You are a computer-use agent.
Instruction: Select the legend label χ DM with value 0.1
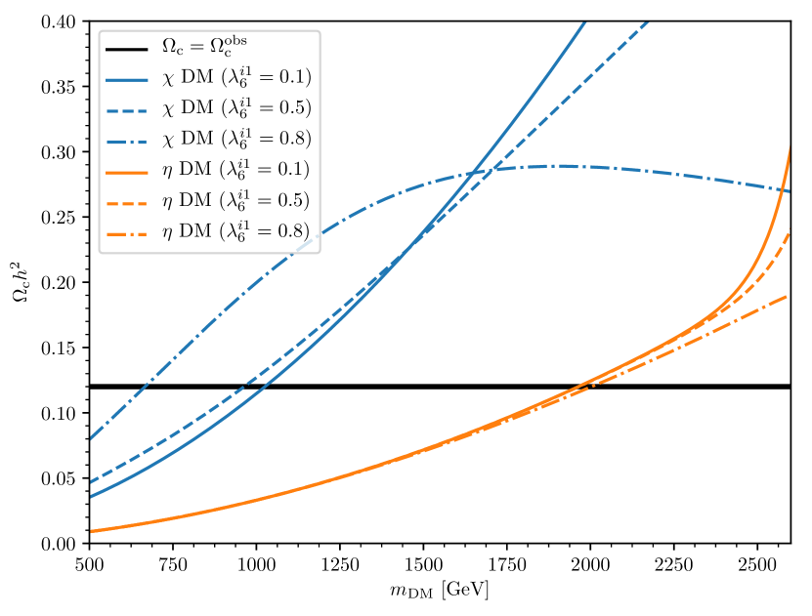pos(236,76)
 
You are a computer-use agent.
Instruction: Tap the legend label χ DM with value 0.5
pos(236,106)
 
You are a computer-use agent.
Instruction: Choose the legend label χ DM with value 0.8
pos(236,138)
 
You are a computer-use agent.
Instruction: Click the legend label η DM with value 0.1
pos(235,169)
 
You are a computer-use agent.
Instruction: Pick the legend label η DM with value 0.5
pos(235,199)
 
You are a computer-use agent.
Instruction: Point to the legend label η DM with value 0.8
pos(235,230)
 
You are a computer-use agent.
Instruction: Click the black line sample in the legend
pos(128,47)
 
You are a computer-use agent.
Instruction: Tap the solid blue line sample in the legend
pos(128,77)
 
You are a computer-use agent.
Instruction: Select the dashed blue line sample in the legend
pos(128,107)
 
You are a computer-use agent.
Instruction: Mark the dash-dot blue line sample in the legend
pos(128,139)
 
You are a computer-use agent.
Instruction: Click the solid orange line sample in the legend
pos(128,169)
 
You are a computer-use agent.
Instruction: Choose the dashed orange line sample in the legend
pos(128,200)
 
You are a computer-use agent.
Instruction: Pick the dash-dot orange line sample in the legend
pos(128,230)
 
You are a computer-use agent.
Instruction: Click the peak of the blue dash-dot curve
pos(562,166)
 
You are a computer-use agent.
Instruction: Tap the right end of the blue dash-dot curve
pos(790,190)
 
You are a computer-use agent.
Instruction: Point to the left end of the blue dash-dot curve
pos(91,438)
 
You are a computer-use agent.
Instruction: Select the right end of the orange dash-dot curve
pos(789,295)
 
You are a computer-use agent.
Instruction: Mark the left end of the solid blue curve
pos(91,497)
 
